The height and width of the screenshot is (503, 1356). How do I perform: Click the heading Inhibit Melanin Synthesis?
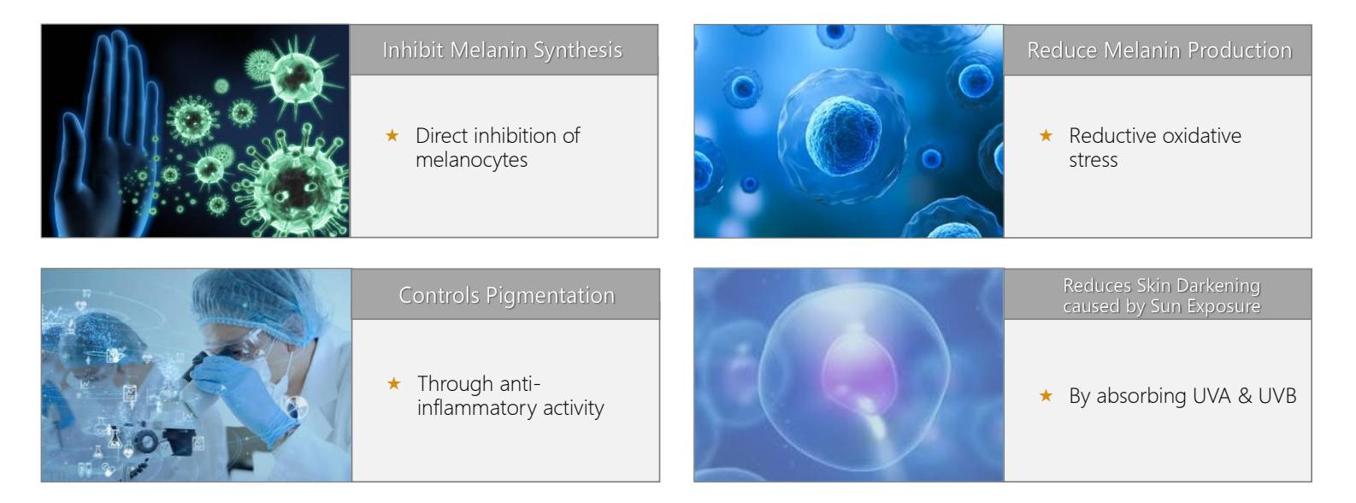(x=503, y=50)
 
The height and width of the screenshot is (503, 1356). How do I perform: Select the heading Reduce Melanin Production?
(x=1159, y=50)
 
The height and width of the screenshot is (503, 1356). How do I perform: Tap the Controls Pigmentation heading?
(x=507, y=295)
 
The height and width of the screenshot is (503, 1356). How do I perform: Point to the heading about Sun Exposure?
(x=1162, y=296)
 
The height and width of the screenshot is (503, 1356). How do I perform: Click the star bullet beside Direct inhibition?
(x=392, y=135)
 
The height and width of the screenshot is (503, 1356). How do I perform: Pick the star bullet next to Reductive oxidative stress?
(x=1046, y=135)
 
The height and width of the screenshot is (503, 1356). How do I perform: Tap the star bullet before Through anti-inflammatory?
(x=394, y=383)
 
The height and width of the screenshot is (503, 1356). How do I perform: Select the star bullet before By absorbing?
(x=1046, y=396)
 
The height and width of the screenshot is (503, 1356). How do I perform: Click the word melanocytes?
(x=472, y=160)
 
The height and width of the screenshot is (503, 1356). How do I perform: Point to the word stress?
(x=1094, y=160)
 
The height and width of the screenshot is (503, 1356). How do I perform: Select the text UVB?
(x=1277, y=396)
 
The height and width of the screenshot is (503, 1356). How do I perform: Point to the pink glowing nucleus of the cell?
(x=858, y=370)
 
